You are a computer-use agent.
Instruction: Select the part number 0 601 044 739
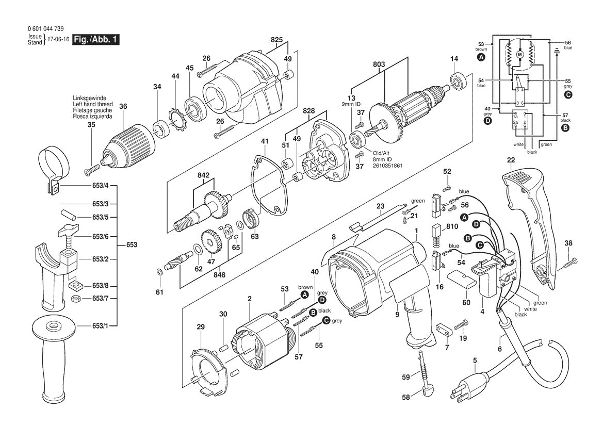46,29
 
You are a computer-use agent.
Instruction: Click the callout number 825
276,39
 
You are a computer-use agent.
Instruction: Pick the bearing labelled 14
457,81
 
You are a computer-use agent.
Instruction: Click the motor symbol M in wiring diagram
520,54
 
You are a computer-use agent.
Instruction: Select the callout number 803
379,65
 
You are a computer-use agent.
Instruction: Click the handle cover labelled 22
531,217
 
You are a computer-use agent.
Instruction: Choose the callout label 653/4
100,185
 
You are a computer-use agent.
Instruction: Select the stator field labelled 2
263,343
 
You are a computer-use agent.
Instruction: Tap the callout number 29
201,326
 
